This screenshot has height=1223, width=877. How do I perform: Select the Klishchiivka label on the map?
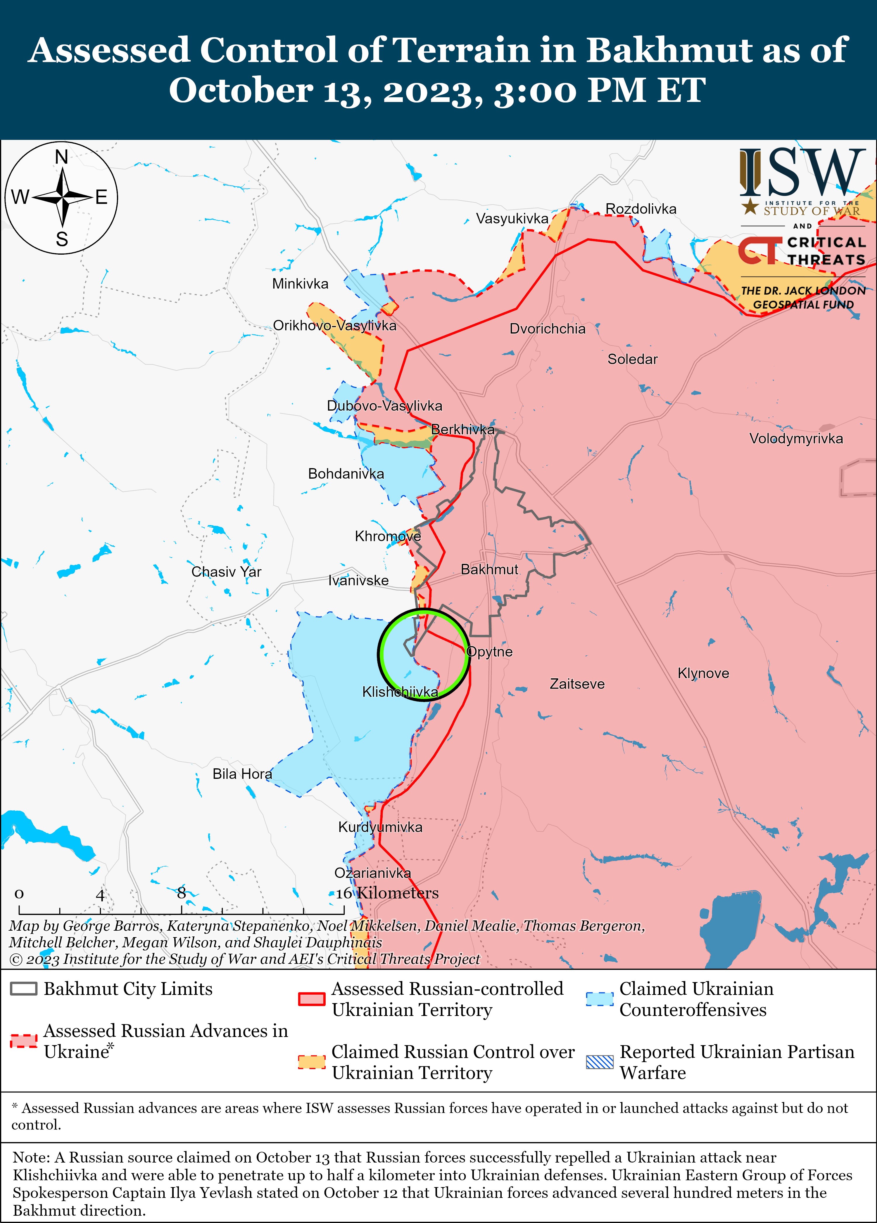pos(400,692)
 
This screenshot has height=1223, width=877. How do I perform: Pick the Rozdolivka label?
pos(641,209)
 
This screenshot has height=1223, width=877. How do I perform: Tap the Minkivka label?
pos(300,284)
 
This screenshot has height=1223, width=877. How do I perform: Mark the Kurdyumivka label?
pos(380,827)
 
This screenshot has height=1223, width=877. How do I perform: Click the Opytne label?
pos(489,652)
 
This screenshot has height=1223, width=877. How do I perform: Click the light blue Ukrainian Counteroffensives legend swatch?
pos(600,999)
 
